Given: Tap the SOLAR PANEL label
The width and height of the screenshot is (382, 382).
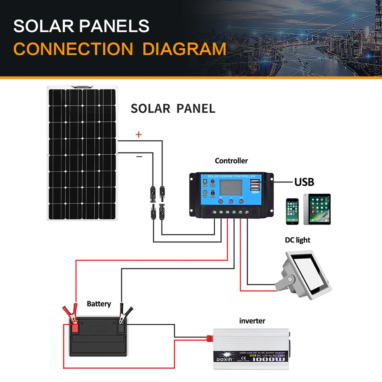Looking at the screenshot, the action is coord(173,108).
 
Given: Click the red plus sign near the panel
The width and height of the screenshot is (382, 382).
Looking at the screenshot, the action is coord(139,134).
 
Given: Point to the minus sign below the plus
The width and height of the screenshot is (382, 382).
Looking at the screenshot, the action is coord(139,156).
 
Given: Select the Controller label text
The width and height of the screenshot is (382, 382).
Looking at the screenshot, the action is coord(231,161).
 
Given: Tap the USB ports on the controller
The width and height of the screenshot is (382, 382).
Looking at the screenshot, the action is coord(254,186).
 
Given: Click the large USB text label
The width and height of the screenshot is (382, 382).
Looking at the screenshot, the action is coord(304,182).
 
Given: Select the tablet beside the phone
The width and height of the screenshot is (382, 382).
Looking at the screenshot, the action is coord(317,209).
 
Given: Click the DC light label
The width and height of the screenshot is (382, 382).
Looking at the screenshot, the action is coord(298,240).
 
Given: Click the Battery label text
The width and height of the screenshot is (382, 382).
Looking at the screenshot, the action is coord(99,304).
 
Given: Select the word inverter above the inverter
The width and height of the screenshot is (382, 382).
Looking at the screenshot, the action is coord(252,320).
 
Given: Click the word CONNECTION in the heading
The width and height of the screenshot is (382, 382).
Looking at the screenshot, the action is coord(73,49).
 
